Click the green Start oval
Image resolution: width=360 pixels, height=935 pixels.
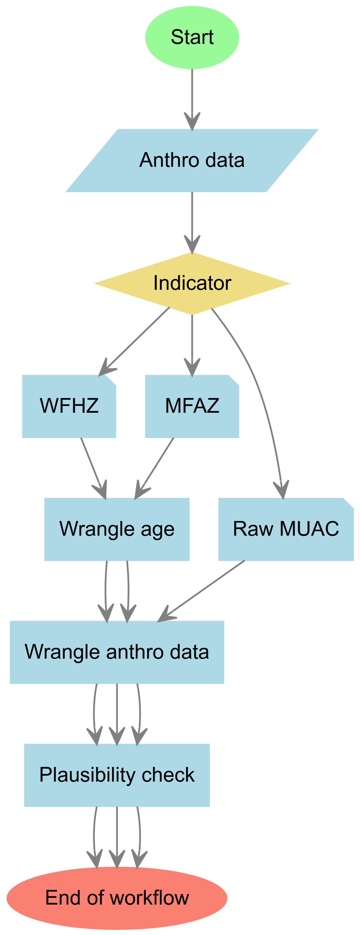coord(192,37)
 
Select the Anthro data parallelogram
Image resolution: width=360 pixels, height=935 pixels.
coord(192,160)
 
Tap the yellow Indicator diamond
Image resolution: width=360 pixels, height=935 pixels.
coord(192,283)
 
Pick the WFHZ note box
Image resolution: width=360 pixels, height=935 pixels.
coord(69,406)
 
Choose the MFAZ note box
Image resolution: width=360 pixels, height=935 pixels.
coord(192,406)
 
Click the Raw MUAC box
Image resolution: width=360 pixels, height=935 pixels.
coord(286,529)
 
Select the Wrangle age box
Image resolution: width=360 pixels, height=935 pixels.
coord(117,529)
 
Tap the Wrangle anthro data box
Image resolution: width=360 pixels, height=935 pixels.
coord(117,652)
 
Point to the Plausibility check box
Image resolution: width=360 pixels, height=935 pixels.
coord(117,775)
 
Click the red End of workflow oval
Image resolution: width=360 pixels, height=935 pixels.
coord(117,898)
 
